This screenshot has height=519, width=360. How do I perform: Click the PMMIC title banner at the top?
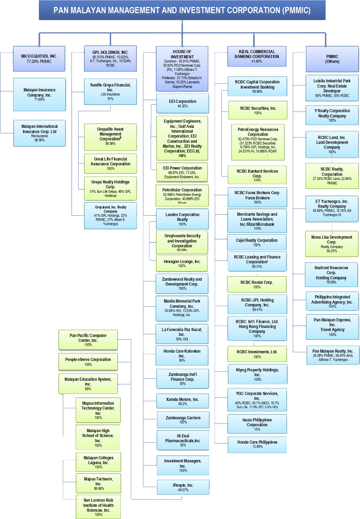coord(182,10)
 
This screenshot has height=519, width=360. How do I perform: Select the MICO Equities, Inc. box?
coord(39,59)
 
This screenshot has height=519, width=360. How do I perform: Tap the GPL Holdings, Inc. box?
coord(110,59)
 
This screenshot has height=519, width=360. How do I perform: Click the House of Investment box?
coord(182,69)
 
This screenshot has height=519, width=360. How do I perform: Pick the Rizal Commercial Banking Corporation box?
coord(257,56)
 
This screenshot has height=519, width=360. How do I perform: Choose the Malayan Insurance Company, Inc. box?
coord(39,94)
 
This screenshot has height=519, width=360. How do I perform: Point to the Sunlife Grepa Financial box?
coord(110,92)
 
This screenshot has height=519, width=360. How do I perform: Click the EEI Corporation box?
coord(182,104)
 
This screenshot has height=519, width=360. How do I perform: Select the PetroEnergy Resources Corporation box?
coord(258,142)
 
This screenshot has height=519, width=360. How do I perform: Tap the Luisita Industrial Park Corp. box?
coord(332,88)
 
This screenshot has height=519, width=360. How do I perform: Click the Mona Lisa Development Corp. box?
coord(332,244)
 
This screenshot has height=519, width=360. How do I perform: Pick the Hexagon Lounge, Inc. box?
coord(182,264)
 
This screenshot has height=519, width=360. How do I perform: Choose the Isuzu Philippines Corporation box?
coord(257,424)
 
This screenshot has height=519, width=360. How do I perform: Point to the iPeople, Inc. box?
coord(183,487)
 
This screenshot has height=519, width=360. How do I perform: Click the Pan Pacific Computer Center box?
coord(88,340)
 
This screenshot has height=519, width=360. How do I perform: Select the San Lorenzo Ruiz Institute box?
coord(98,507)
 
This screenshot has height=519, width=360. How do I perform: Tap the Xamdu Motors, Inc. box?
coord(183,401)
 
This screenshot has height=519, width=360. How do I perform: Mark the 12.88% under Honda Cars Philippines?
coord(257,447)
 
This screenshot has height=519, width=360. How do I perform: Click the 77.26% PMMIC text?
coord(39,61)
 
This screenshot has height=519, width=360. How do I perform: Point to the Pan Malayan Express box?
coord(332,327)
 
